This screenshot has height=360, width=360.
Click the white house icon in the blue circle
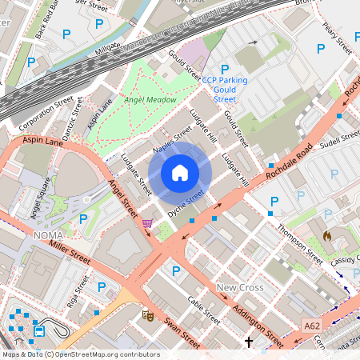point(180,173)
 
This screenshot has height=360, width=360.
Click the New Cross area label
point(239,286)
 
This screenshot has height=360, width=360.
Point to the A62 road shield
point(313,326)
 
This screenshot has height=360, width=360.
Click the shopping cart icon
point(147,223)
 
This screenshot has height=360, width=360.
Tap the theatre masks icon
point(148,315)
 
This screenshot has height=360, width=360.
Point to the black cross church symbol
point(248,342)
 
